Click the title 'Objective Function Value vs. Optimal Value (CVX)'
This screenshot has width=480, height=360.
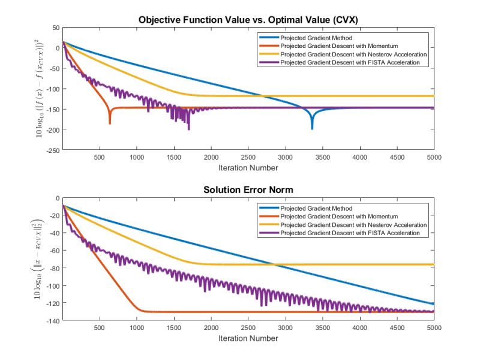pyautogui.click(x=248, y=19)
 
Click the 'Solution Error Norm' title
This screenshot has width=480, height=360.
pyautogui.click(x=248, y=190)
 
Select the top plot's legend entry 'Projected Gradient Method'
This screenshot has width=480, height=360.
pyautogui.click(x=314, y=38)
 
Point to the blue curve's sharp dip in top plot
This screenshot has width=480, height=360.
pyautogui.click(x=312, y=127)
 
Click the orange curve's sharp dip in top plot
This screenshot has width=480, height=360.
pyautogui.click(x=110, y=122)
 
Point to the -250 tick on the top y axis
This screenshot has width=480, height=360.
pyautogui.click(x=52, y=151)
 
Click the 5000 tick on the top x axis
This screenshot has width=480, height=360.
pyautogui.click(x=433, y=157)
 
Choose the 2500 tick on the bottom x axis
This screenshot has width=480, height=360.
pyautogui.click(x=248, y=328)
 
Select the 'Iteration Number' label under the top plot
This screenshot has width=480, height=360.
pyautogui.click(x=248, y=167)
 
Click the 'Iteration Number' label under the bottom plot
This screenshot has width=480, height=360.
pyautogui.click(x=248, y=337)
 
